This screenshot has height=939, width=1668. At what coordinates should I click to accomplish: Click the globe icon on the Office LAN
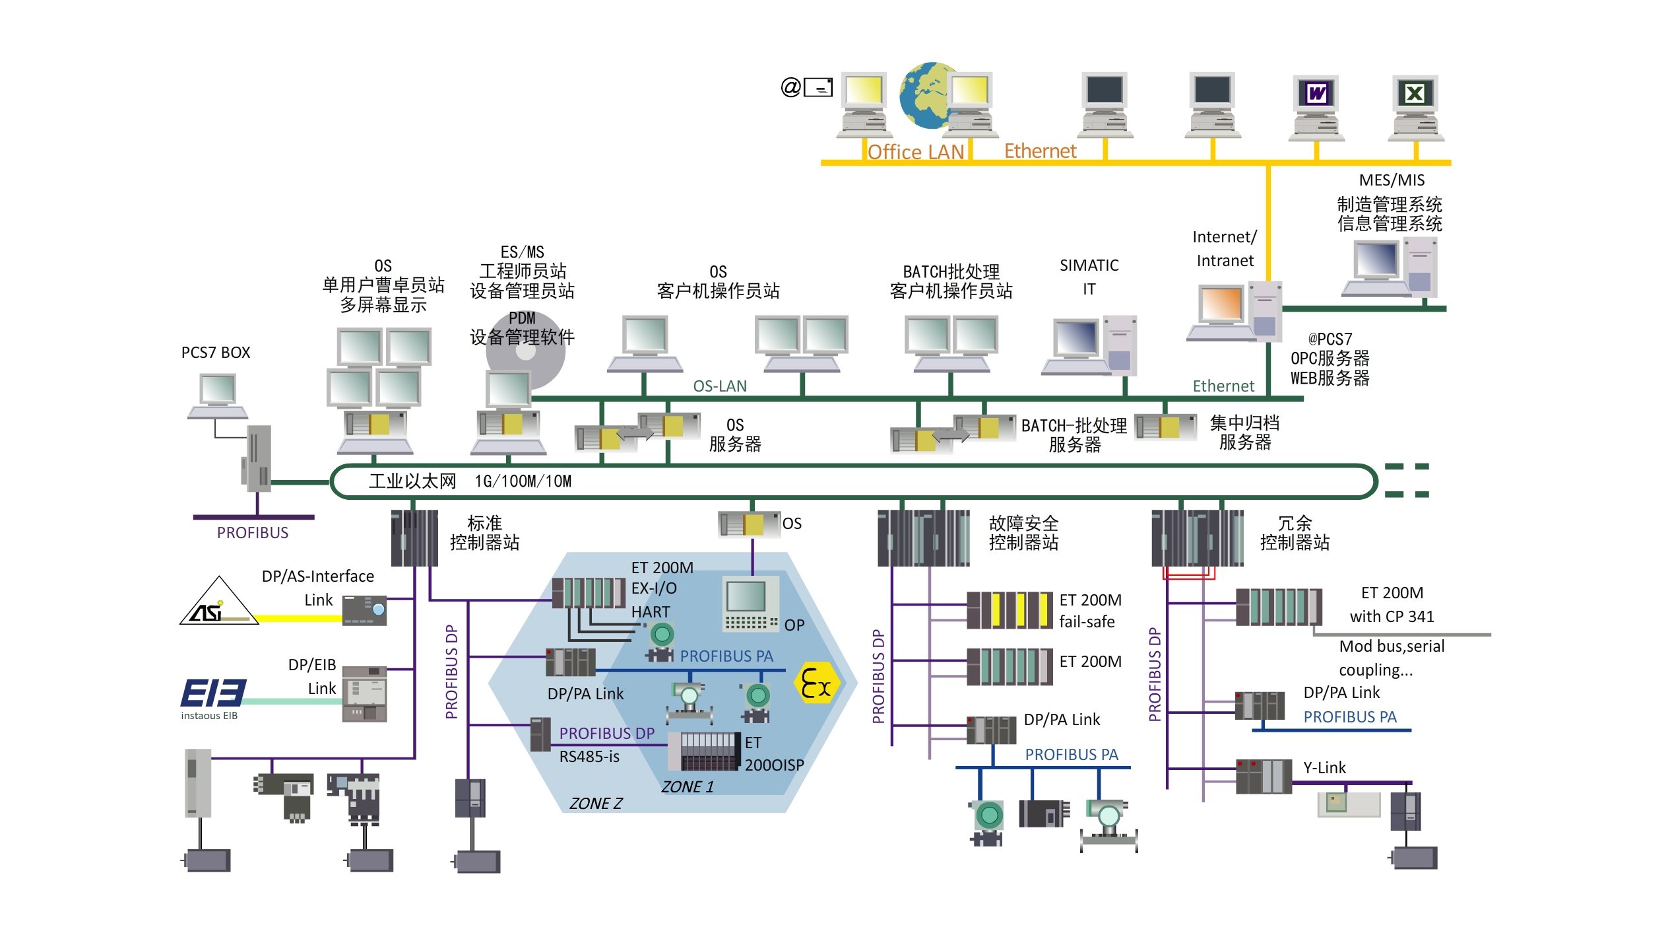coord(924,96)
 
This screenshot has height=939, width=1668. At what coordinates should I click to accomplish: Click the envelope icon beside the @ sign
coord(818,87)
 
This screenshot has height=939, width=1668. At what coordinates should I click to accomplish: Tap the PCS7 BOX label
coord(216,353)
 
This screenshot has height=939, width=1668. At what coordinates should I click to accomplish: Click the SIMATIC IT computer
coord(1089,346)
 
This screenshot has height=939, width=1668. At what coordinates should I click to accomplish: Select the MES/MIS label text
coord(1392,180)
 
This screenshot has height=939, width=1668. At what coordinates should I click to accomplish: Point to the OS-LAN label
coord(720,386)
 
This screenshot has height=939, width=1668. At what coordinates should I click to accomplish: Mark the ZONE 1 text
coord(688,786)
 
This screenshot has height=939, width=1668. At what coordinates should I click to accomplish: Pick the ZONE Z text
coord(596,804)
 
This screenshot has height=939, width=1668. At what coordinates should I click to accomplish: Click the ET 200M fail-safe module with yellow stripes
coord(1009,610)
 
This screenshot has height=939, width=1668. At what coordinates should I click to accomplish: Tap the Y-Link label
coord(1324,768)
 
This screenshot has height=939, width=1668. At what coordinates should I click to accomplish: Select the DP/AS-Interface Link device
coord(364,610)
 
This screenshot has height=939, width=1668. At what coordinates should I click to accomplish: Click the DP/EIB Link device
coord(364,694)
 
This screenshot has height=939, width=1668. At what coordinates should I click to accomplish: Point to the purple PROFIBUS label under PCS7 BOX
coord(253,533)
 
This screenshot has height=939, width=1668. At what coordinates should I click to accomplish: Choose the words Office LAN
coord(916,153)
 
